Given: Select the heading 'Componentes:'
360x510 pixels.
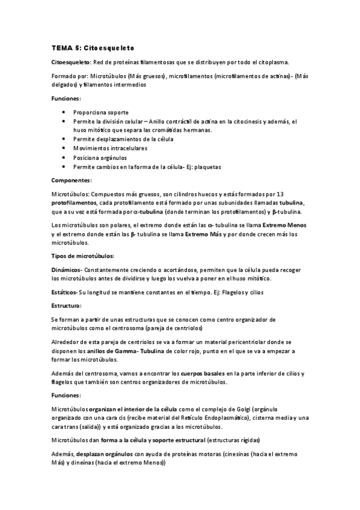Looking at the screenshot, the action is coord(72,180).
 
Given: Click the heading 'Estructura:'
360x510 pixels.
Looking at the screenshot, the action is coord(69,306).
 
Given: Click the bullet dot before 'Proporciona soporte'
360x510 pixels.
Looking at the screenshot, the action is coord(64,112).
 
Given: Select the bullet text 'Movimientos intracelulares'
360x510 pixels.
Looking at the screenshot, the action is coord(110,147).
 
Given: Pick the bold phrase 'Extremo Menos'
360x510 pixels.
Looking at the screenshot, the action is coord(284,225).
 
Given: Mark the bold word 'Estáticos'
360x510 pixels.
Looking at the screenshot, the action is coord(64,292).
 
